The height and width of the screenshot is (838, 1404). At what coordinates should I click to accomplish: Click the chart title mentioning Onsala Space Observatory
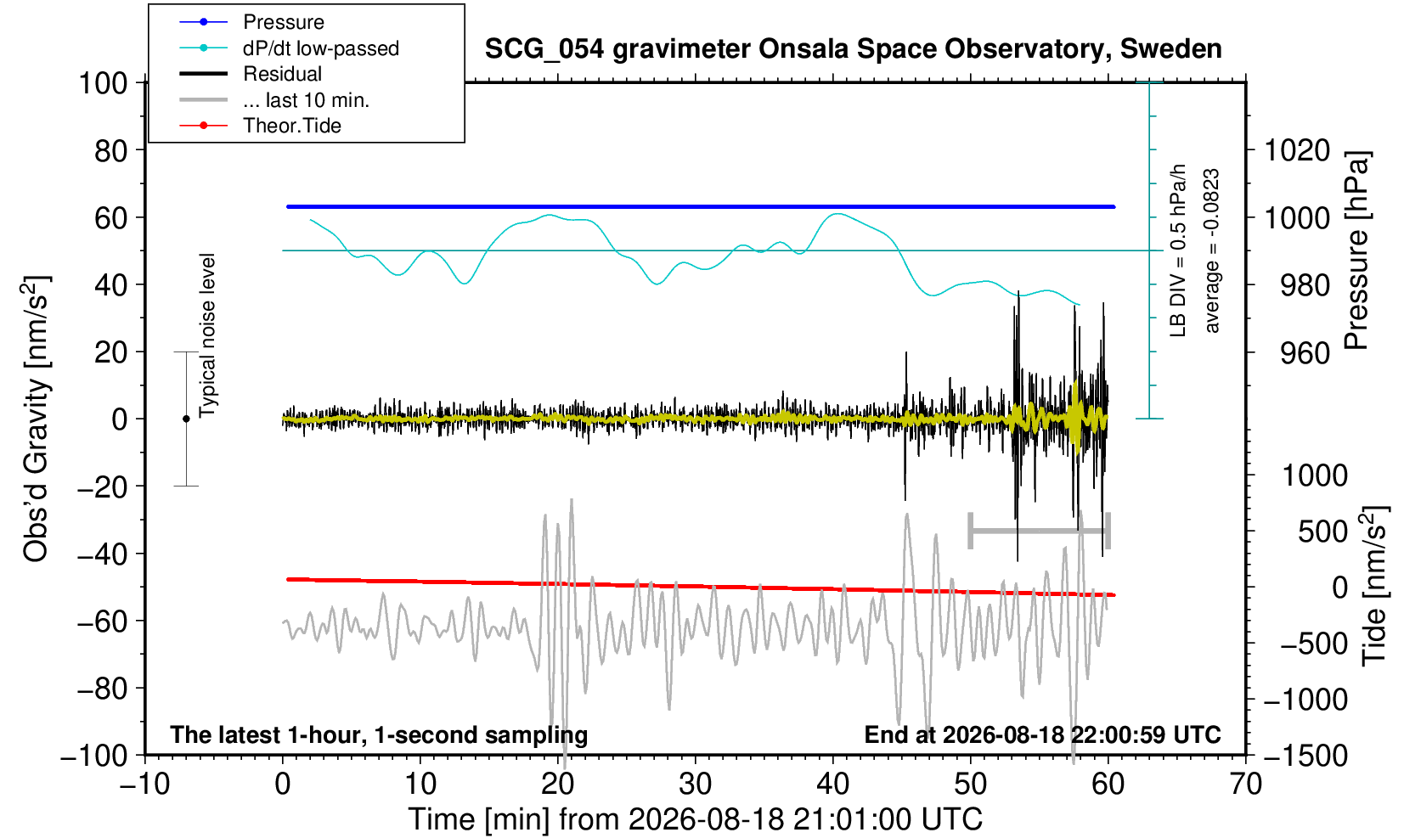point(853,49)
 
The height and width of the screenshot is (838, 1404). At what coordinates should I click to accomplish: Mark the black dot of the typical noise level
point(186,419)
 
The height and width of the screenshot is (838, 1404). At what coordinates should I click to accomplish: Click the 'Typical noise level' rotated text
point(207,335)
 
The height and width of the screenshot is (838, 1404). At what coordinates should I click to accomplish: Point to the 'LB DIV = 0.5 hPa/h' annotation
point(1178,250)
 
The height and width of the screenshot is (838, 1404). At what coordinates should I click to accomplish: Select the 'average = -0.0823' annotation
point(1211,250)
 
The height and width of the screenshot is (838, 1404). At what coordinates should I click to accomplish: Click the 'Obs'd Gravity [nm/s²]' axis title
point(37,419)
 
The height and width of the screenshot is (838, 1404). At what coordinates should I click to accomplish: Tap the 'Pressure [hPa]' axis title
point(1357,250)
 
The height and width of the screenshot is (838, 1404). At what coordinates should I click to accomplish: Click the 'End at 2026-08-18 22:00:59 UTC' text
point(1042,734)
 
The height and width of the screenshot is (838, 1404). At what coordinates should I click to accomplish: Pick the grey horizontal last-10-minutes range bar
point(1040,531)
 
